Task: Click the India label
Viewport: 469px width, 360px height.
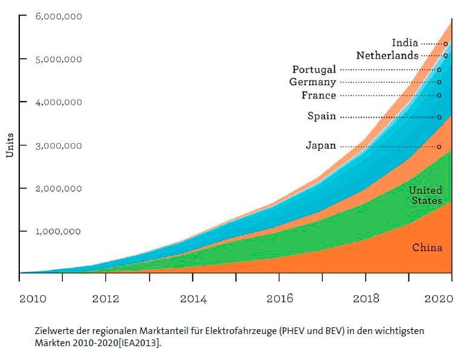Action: (405, 43)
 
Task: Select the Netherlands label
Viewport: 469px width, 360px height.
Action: (387, 56)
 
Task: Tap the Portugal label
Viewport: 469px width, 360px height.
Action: (314, 69)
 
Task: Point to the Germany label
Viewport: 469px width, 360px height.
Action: (312, 82)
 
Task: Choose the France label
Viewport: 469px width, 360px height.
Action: (319, 95)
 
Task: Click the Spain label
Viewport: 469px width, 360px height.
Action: (322, 117)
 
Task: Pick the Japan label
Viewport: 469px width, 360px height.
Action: (320, 146)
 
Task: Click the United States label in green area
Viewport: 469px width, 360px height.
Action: (425, 196)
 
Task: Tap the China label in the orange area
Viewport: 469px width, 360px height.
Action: (427, 248)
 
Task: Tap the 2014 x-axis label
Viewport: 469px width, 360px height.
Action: (193, 298)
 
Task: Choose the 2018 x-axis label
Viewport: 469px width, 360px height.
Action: (366, 298)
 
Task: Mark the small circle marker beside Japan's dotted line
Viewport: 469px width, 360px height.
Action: (439, 146)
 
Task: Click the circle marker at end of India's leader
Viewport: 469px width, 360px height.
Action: (445, 43)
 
